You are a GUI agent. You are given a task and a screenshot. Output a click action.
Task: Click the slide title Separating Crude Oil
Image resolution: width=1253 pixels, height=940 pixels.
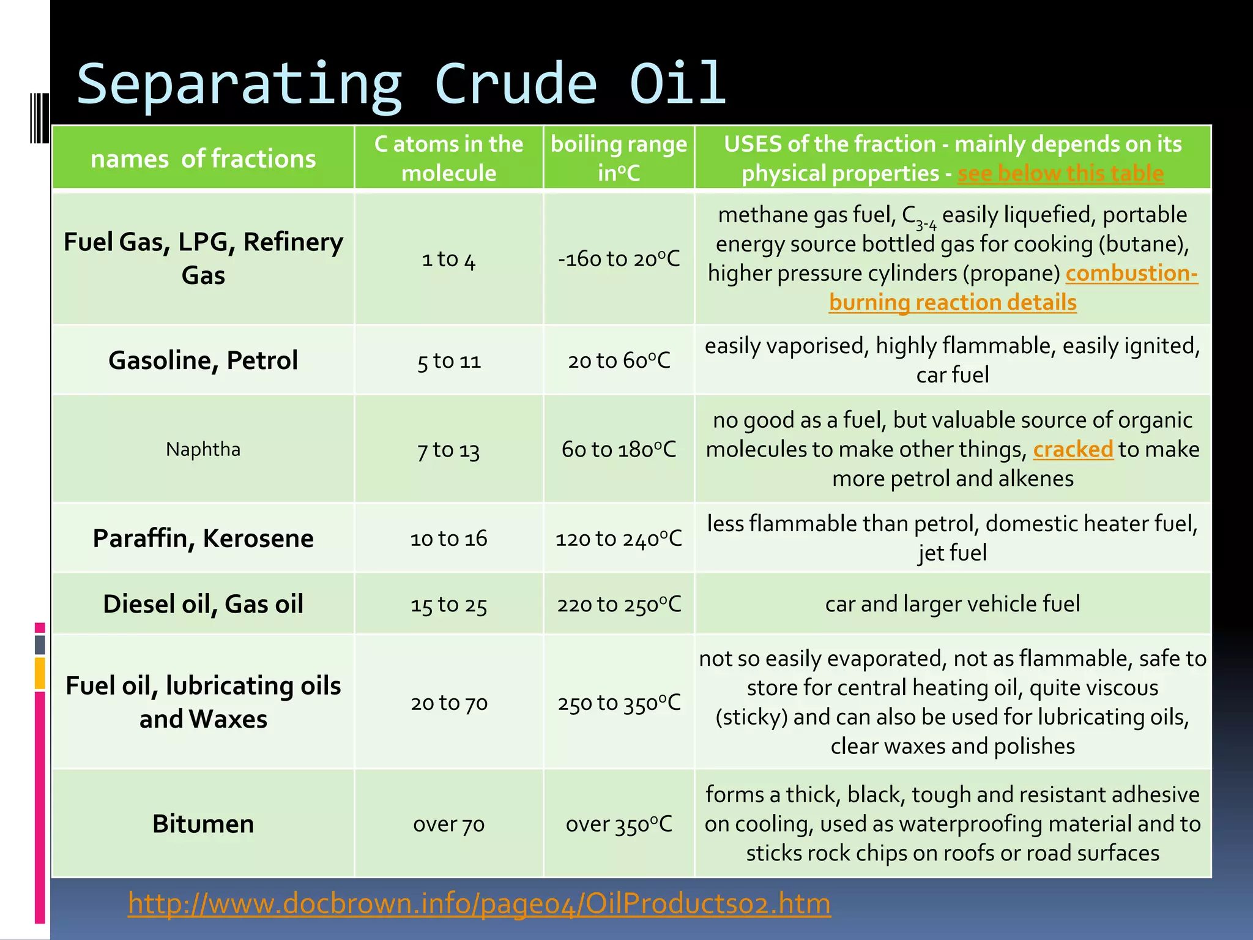(x=401, y=84)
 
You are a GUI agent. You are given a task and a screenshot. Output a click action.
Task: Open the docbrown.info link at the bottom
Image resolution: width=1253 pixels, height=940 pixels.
(x=479, y=903)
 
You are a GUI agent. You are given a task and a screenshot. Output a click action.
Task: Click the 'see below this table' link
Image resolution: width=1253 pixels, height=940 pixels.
(x=1060, y=174)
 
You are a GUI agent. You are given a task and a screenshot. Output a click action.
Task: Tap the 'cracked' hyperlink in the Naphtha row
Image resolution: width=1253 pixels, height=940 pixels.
(x=1073, y=449)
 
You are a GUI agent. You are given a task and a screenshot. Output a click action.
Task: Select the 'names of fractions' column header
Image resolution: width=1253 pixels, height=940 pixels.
(x=203, y=159)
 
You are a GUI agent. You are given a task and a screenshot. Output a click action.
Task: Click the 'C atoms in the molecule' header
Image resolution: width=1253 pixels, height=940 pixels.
(x=448, y=159)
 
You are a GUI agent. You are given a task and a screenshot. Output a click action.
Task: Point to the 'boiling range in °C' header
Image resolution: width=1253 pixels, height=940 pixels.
(x=619, y=159)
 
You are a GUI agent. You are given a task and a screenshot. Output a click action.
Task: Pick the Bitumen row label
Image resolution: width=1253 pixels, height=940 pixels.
(x=203, y=824)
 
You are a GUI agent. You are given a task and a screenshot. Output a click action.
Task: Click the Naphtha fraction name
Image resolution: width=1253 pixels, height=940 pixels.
(x=203, y=449)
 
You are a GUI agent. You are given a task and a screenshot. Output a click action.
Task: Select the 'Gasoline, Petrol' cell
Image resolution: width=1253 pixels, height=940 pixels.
(x=203, y=360)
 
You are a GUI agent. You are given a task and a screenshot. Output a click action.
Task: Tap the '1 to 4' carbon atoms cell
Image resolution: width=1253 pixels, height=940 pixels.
(x=448, y=259)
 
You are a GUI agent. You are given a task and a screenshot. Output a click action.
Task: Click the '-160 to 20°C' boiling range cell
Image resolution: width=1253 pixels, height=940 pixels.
(x=619, y=259)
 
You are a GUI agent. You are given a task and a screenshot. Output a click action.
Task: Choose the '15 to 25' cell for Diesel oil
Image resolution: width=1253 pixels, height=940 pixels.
(x=448, y=605)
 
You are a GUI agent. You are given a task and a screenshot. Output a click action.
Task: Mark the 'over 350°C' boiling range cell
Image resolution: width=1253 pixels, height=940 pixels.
(x=619, y=824)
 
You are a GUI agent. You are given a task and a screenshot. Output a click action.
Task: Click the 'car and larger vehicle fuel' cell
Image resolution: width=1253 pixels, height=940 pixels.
(x=953, y=604)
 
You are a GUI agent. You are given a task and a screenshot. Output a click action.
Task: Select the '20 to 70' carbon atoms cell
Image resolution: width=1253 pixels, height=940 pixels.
(x=448, y=703)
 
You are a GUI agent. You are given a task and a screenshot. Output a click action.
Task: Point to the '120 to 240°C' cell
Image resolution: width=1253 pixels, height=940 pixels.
(x=619, y=539)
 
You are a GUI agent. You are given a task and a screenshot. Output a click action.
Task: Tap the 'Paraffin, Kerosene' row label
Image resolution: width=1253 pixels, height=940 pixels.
(x=203, y=539)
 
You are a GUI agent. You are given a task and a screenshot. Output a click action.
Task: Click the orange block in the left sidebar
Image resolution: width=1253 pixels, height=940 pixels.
(x=40, y=673)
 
